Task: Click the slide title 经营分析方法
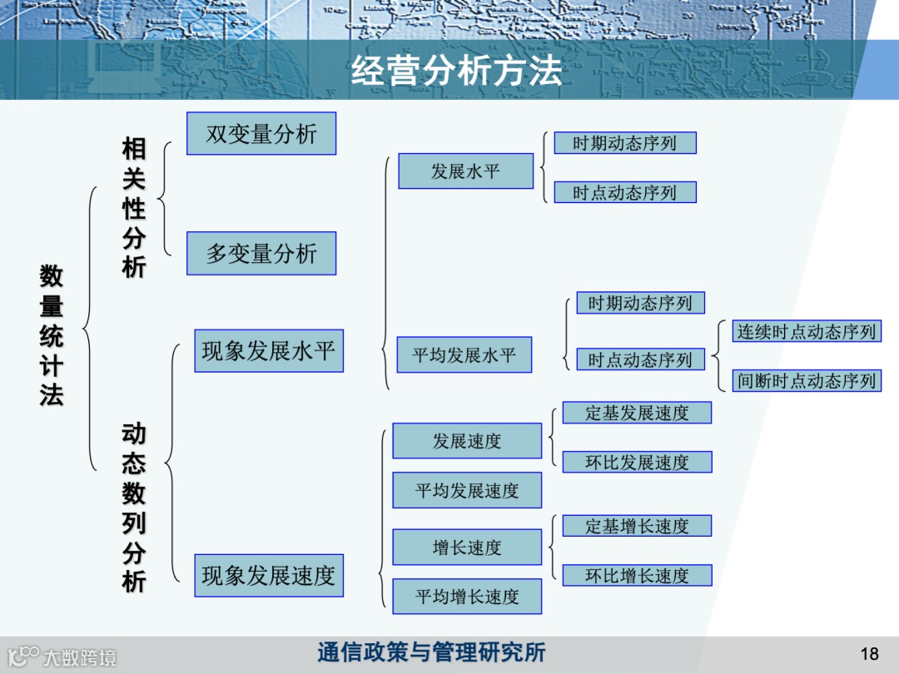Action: (456, 71)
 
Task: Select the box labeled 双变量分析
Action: (261, 134)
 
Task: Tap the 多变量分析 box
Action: (261, 254)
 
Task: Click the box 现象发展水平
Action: (269, 350)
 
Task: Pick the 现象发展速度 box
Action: (269, 576)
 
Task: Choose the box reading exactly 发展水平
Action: (465, 171)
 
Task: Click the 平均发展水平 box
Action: (464, 355)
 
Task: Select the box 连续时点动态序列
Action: (806, 332)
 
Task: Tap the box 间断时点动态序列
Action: (806, 381)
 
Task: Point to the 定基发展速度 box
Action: (637, 413)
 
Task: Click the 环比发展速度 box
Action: (637, 463)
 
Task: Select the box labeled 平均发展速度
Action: (467, 490)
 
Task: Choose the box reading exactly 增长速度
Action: (467, 548)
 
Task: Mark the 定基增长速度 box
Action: (637, 526)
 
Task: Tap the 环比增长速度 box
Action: (637, 576)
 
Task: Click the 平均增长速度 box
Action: (467, 597)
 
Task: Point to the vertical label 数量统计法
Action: (52, 335)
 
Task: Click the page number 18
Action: (870, 653)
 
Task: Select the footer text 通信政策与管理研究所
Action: (431, 652)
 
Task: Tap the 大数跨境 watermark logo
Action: (62, 657)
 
